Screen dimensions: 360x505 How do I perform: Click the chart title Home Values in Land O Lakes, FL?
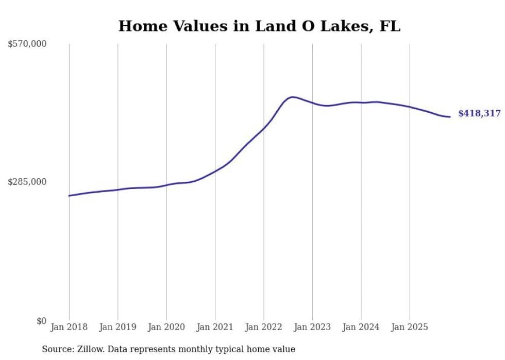259,26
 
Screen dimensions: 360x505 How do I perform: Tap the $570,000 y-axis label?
27,44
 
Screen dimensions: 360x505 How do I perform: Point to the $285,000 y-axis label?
27,182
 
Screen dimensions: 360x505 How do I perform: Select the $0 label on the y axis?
41,321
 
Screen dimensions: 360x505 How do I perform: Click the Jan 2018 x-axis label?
69,327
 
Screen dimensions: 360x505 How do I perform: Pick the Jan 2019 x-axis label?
117,327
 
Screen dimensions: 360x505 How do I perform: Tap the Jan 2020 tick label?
166,327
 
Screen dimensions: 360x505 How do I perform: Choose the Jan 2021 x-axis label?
215,327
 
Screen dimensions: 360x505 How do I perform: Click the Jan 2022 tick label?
264,327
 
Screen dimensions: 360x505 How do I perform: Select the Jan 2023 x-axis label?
312,327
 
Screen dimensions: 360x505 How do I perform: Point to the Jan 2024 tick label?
361,327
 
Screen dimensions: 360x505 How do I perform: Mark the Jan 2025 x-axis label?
410,327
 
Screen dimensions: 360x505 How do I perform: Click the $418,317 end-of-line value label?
479,114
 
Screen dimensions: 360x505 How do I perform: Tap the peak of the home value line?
292,97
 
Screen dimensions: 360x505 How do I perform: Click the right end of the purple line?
450,117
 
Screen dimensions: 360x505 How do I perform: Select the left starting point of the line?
69,196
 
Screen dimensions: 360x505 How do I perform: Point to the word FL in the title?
390,26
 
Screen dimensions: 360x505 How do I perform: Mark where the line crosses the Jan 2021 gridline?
215,170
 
